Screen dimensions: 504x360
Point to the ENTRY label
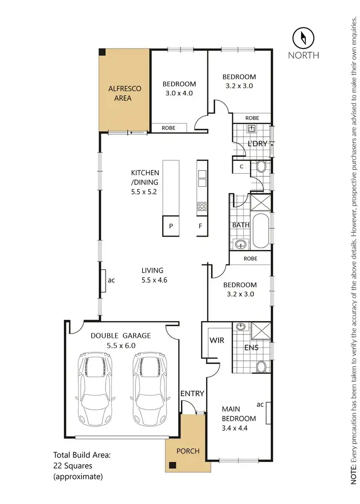192,394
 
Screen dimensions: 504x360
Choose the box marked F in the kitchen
201,226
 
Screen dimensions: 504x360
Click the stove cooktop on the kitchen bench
202,207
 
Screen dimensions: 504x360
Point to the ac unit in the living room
103,279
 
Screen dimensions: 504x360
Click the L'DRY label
257,144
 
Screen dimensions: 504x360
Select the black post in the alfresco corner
102,52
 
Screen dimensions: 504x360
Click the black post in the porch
171,465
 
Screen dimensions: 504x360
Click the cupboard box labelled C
241,167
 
